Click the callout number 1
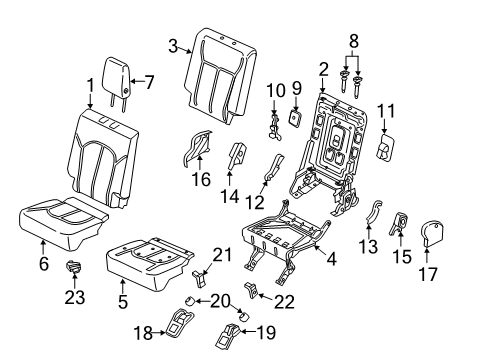pyautogui.click(x=89, y=86)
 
